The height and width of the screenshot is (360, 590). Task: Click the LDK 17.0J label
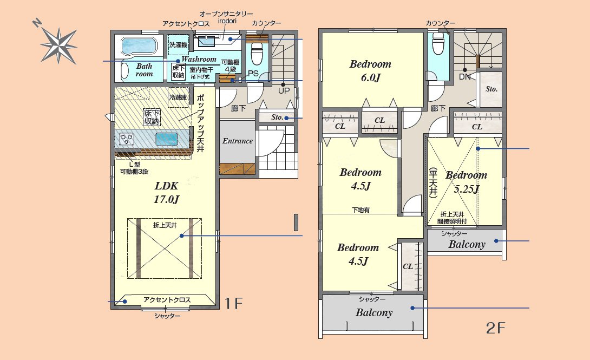click(x=166, y=192)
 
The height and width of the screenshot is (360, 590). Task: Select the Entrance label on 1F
click(x=238, y=141)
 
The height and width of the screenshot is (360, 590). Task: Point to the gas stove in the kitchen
click(x=127, y=139)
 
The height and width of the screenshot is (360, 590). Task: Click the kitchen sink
click(x=167, y=139)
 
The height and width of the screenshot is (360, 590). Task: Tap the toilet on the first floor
click(x=257, y=54)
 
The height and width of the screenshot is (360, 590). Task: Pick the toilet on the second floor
click(x=438, y=43)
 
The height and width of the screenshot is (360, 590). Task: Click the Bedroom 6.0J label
click(x=371, y=71)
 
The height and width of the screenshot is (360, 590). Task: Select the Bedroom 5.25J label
click(x=467, y=182)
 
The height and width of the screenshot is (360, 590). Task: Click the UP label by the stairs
click(x=284, y=90)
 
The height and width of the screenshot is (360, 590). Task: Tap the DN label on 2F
click(x=465, y=77)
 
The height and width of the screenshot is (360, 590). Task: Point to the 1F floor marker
click(x=234, y=303)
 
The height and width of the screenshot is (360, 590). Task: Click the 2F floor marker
click(x=495, y=329)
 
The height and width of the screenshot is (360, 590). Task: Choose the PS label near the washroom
click(x=253, y=74)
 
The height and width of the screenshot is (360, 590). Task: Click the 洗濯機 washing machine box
click(x=179, y=45)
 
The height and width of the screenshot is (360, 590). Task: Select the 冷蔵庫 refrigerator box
click(x=178, y=97)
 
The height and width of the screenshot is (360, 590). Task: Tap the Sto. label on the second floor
click(x=491, y=89)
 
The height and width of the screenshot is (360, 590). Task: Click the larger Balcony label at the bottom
click(x=374, y=312)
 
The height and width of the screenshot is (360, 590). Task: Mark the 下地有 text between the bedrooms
click(x=361, y=210)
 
